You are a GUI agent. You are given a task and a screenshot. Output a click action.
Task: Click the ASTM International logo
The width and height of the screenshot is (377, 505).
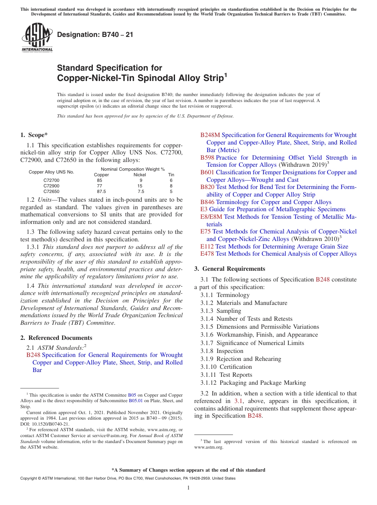[x=37, y=38]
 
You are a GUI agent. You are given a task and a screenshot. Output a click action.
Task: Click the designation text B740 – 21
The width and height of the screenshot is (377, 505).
[x=95, y=35]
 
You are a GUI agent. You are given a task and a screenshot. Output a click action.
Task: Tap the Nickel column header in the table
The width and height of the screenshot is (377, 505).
[x=140, y=175]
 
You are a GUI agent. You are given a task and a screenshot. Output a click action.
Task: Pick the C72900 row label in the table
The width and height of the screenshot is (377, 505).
[x=51, y=186]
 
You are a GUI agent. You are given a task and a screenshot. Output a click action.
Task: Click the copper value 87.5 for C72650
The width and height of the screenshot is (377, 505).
[x=100, y=191]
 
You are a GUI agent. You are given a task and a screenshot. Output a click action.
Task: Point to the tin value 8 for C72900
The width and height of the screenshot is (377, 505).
[x=171, y=186]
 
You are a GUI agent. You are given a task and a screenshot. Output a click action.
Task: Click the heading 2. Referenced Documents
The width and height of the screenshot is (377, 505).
[x=56, y=338]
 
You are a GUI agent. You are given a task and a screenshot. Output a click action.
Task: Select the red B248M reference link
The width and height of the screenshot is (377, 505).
[x=210, y=135]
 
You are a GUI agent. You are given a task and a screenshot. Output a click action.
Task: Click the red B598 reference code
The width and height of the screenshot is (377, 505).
[x=207, y=158]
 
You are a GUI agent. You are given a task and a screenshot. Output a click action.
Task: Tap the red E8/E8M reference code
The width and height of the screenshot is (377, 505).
[x=211, y=217]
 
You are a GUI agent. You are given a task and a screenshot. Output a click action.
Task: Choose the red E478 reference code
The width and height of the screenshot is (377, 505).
[x=207, y=254]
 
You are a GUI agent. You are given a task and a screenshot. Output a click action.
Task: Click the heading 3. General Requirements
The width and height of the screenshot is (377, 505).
[x=230, y=269]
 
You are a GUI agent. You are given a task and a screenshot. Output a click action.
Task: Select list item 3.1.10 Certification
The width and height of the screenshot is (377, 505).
[x=226, y=367]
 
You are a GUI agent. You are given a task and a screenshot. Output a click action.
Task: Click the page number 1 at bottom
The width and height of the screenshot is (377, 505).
[x=188, y=488]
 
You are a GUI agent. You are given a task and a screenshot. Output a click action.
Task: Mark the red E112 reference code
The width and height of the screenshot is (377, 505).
[x=207, y=247]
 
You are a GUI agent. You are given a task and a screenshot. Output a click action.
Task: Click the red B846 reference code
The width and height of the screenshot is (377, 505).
[x=207, y=202]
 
